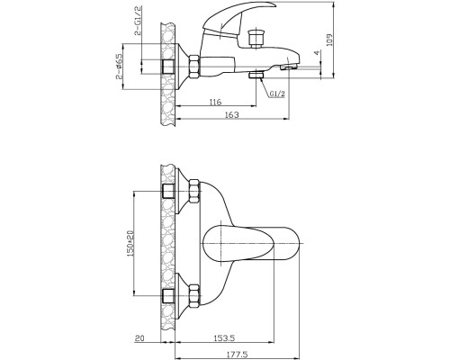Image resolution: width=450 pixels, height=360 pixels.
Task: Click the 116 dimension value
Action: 215,102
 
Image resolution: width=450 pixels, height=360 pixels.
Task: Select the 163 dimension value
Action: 232,115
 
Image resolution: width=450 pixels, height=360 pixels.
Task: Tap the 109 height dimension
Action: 329,40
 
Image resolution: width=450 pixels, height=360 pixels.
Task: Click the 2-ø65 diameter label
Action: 119,67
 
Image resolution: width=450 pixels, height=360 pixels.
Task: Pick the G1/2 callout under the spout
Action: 277,94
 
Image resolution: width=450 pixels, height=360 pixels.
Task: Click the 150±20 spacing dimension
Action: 130,244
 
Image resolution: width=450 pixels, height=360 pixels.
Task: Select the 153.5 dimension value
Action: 224,338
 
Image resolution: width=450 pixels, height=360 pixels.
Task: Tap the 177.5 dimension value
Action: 237,355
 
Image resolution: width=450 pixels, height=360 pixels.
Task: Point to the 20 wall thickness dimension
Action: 139,338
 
